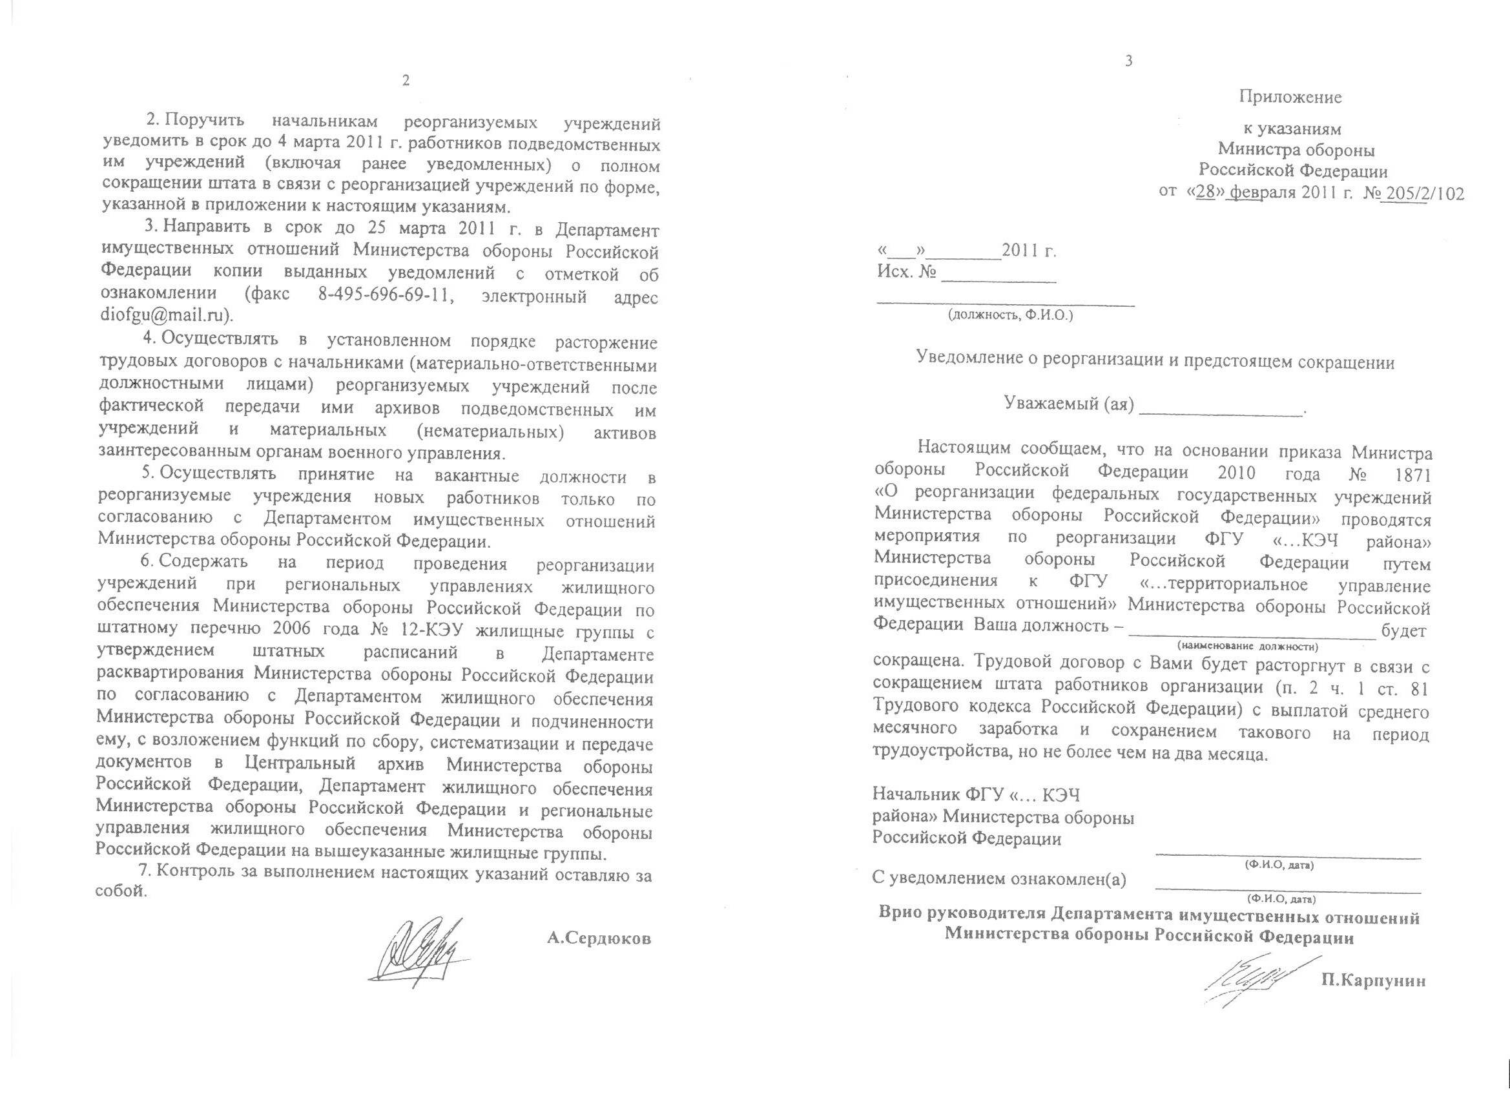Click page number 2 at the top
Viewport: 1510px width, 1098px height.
405,81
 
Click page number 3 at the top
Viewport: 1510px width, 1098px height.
1128,62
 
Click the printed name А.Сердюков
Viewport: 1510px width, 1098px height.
599,939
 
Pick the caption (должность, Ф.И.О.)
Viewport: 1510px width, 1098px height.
1011,315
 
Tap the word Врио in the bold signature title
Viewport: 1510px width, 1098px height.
898,918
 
